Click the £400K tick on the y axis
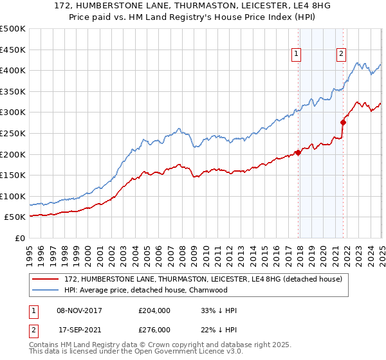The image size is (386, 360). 14,70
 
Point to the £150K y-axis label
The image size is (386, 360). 14,175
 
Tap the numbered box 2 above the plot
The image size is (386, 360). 340,55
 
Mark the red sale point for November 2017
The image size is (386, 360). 298,152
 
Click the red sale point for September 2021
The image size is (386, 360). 344,122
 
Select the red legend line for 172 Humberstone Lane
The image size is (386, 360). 46,279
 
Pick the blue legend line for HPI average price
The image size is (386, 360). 46,290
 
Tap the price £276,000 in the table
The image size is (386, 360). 154,329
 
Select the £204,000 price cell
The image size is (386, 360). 154,310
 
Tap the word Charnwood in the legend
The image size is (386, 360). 208,290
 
